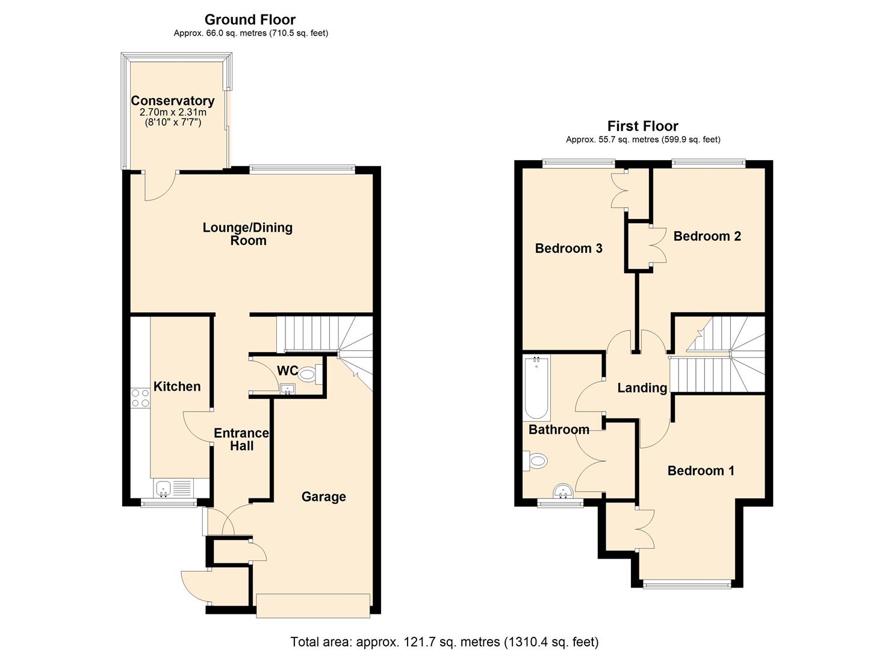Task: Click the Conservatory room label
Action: (x=173, y=101)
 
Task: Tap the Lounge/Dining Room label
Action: (x=247, y=234)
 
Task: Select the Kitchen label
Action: (x=177, y=386)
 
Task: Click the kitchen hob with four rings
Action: (x=140, y=398)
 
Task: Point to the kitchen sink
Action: (x=163, y=487)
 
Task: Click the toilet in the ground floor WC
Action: (x=308, y=375)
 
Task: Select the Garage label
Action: (x=323, y=497)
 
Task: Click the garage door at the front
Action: (x=313, y=605)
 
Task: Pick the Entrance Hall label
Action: (x=241, y=439)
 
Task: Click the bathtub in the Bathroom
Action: (x=536, y=388)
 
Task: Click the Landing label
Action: (x=642, y=388)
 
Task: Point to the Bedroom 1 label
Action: (x=701, y=471)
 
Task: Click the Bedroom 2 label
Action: (x=707, y=236)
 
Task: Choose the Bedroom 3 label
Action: (x=568, y=248)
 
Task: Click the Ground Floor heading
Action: (x=250, y=20)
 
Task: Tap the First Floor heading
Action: (x=642, y=126)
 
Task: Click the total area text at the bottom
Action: (x=444, y=642)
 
